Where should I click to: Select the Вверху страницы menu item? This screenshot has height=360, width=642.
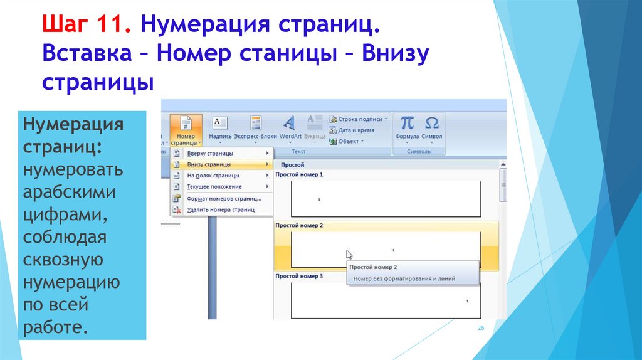coord(210,154)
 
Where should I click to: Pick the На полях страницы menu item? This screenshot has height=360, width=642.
coord(213,176)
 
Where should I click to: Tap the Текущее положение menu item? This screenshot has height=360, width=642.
coord(214,187)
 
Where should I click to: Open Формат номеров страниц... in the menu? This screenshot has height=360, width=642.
coord(224,199)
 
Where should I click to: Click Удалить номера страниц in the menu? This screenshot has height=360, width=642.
coord(221,210)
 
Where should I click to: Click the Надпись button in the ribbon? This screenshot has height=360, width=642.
coord(220,128)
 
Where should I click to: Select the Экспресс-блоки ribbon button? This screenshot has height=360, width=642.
coord(255,128)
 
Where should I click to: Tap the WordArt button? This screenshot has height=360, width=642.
coord(290,128)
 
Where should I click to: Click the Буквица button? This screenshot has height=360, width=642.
coord(314,128)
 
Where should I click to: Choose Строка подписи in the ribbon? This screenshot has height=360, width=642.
coord(358,119)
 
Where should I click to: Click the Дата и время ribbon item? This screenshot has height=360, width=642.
coord(355,130)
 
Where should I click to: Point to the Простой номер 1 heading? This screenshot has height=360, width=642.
coord(299,174)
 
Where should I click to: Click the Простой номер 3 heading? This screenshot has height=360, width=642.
coord(299,276)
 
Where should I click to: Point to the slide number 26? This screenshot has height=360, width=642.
coord(481,329)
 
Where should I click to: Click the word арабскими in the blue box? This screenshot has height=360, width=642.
coord(70,193)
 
